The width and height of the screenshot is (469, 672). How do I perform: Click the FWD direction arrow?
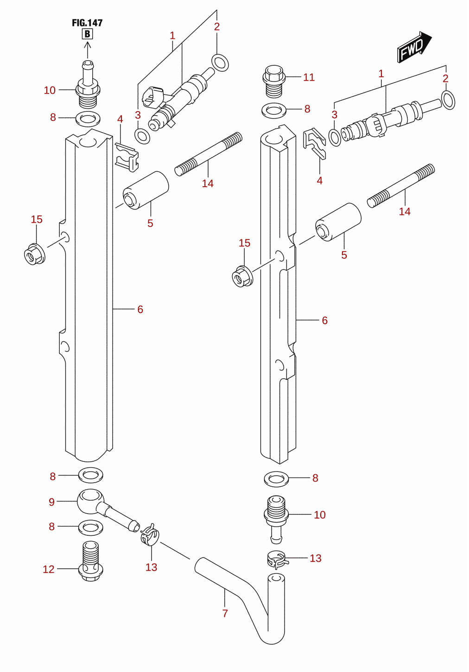pyautogui.click(x=414, y=47)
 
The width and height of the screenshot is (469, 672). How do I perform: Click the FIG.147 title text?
pyautogui.click(x=87, y=23)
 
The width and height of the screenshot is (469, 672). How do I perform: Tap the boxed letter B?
pyautogui.click(x=88, y=34)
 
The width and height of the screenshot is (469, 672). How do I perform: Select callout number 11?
pyautogui.click(x=309, y=77)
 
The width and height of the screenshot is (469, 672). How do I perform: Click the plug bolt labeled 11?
pyautogui.click(x=273, y=82)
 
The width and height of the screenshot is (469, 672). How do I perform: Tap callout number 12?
pyautogui.click(x=49, y=569)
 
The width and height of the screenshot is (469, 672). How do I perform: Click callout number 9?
pyautogui.click(x=51, y=502)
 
